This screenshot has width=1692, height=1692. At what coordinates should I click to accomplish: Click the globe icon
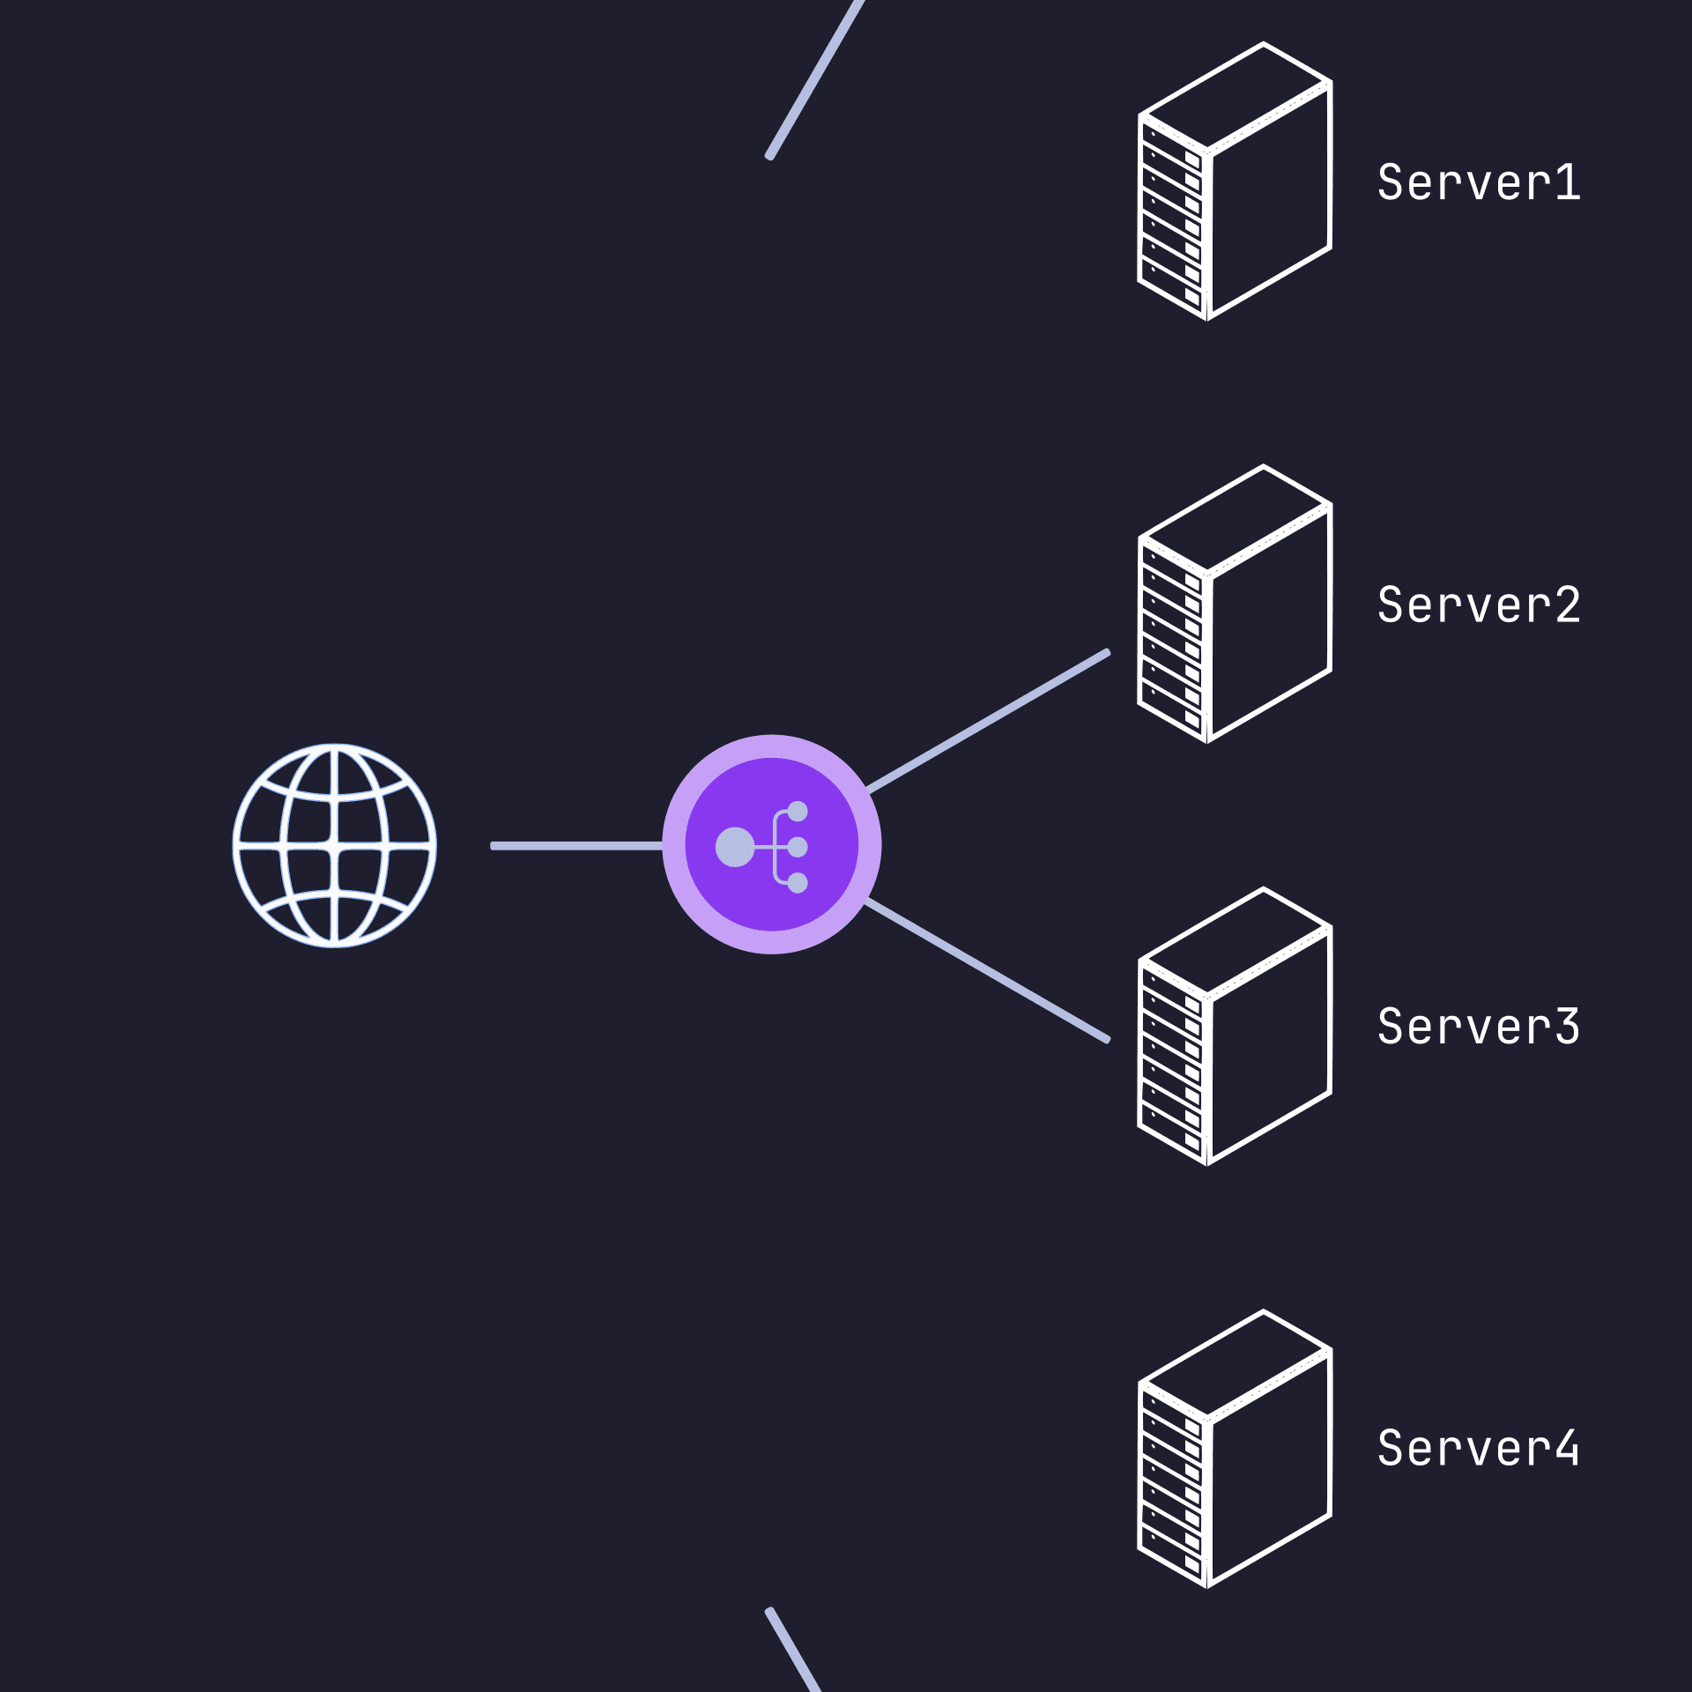[334, 846]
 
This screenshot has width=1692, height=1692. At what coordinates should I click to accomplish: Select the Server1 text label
[1479, 182]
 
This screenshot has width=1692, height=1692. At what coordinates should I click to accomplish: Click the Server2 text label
[1479, 605]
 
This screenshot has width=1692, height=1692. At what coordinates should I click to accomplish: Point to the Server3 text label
[1479, 1027]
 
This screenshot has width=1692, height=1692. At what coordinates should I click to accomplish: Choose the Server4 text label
[1479, 1449]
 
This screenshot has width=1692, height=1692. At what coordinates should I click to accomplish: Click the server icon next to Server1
[1235, 182]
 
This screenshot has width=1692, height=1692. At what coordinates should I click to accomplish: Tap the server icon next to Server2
[1235, 604]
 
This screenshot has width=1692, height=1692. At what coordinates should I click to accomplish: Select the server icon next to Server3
[1235, 1026]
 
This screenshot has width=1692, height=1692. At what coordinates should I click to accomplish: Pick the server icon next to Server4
[1235, 1448]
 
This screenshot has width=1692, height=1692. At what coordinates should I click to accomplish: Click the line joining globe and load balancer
[577, 846]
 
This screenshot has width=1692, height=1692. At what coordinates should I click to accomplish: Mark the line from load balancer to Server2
[987, 722]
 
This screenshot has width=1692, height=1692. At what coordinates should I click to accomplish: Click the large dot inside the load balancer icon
[735, 847]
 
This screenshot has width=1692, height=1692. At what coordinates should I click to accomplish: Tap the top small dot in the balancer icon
[798, 811]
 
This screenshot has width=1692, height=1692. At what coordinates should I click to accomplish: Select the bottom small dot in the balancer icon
[798, 883]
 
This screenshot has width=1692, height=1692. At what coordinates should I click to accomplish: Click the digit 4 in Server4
[1566, 1449]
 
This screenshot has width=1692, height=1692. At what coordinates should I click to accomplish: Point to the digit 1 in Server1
[1568, 182]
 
